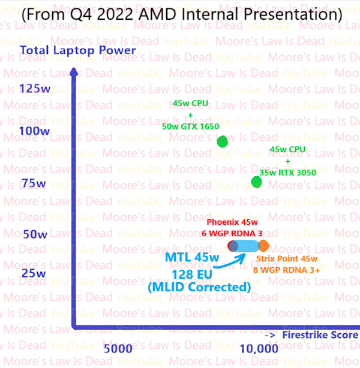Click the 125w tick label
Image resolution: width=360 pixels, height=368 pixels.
[35, 89]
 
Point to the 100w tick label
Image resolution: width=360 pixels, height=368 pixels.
[35, 131]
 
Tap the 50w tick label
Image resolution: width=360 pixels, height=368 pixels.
[34, 233]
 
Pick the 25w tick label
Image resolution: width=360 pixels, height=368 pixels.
[34, 274]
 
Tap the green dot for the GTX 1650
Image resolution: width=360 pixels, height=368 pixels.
[223, 141]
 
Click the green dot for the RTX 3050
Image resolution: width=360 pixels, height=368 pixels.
[257, 182]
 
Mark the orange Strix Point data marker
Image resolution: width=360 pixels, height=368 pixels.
[263, 245]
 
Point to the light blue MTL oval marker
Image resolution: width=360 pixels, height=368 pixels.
[245, 245]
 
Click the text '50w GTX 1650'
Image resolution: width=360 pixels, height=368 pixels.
[190, 127]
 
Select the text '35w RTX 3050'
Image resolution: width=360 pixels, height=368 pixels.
[287, 173]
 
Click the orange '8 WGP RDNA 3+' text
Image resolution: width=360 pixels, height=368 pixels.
[286, 270]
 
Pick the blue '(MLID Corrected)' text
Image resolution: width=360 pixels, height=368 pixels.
[199, 287]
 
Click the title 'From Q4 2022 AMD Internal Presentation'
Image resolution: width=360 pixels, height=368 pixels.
[179, 13]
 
